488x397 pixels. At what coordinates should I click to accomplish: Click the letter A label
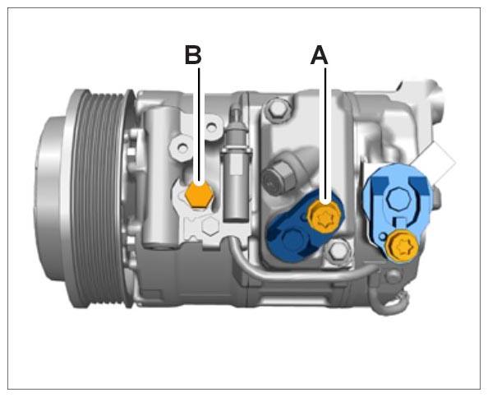(319, 55)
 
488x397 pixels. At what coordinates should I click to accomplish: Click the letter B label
(193, 55)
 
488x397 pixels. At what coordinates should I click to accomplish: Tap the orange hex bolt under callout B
(199, 195)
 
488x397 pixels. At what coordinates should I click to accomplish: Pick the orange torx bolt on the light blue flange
(400, 246)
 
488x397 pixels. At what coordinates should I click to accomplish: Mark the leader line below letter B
(199, 125)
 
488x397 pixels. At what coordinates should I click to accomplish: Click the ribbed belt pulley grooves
(99, 199)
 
